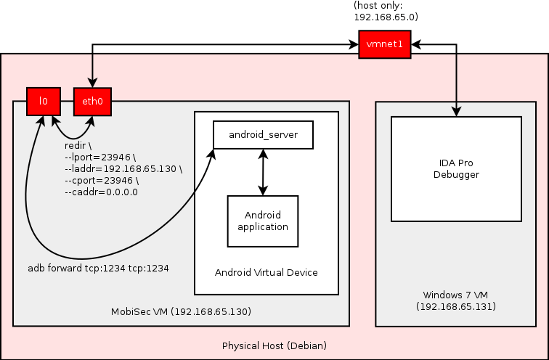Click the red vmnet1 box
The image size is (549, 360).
tap(385, 46)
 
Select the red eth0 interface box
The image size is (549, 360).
tap(92, 102)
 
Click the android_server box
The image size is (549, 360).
tap(262, 135)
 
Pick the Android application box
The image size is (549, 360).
tap(263, 221)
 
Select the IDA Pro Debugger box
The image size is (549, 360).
tap(456, 168)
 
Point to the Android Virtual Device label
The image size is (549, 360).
tap(267, 272)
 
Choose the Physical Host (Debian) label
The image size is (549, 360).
tap(274, 345)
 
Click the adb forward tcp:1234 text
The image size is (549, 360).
tap(98, 268)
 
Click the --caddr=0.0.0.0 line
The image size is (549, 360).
tap(101, 192)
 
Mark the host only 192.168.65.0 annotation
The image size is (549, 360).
tap(386, 11)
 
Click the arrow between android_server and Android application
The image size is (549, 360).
tap(263, 172)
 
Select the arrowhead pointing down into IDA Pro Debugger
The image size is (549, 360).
tap(456, 111)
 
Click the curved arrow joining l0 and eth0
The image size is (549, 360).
tap(72, 135)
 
